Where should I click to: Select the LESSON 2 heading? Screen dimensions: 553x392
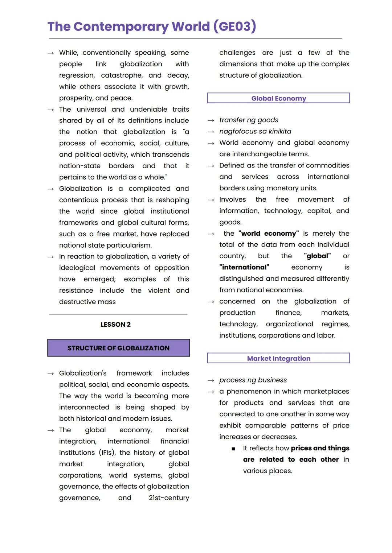click(115, 325)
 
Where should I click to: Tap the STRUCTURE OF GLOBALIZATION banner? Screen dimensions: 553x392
click(118, 348)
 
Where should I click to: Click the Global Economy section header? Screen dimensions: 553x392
click(278, 98)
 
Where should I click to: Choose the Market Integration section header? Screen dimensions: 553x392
click(278, 358)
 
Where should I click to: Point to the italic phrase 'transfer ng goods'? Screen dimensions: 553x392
click(249, 120)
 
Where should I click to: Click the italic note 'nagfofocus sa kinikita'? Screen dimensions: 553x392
click(255, 131)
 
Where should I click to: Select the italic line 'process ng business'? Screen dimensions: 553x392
click(253, 380)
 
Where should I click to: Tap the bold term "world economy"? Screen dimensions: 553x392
click(269, 234)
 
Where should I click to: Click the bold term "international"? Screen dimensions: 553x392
click(244, 267)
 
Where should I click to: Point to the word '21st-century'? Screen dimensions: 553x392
click(169, 498)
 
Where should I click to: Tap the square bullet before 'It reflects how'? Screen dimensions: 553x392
click(233, 449)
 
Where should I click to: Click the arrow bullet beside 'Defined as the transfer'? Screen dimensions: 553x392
click(211, 166)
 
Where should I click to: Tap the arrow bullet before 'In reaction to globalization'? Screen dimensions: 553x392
click(51, 257)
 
